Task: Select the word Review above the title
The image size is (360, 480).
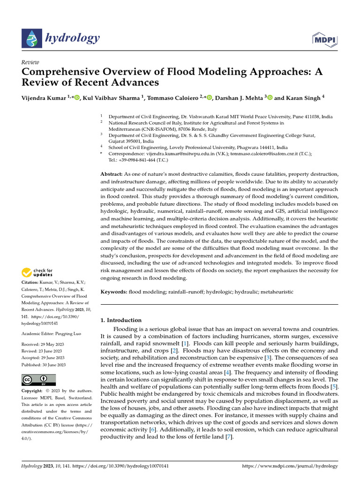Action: (30, 62)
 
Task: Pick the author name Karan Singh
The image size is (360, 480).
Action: (304, 97)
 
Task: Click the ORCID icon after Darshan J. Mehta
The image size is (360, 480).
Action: (270, 97)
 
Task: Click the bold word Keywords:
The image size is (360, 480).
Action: (114, 292)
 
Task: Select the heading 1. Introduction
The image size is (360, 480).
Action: (121, 320)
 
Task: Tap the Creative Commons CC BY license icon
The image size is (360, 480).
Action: (38, 379)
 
